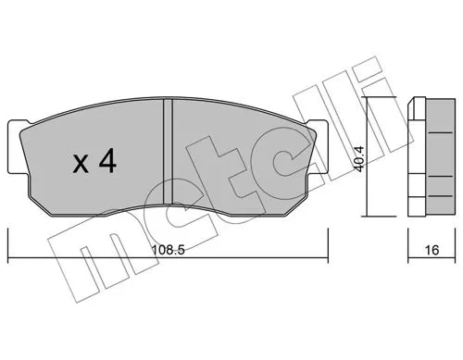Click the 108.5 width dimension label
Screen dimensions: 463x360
(x=168, y=250)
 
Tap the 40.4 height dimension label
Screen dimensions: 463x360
(x=359, y=158)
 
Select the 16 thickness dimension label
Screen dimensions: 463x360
(x=432, y=250)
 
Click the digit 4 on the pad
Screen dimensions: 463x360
(x=107, y=162)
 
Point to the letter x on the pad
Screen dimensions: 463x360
(x=81, y=165)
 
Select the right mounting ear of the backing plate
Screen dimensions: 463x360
(x=319, y=147)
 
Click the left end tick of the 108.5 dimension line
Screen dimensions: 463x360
(x=7, y=246)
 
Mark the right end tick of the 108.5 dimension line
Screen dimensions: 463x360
(x=328, y=246)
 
